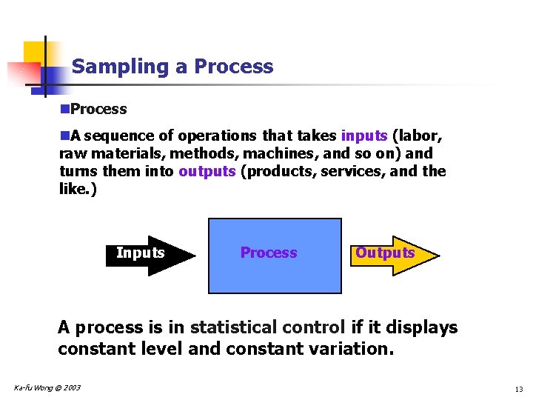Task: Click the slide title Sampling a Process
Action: [x=172, y=67]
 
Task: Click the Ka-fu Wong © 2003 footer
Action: [x=47, y=388]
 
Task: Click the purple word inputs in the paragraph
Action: [x=364, y=136]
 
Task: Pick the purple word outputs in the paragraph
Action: [x=207, y=171]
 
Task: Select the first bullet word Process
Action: [x=98, y=109]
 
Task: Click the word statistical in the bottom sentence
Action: [x=238, y=327]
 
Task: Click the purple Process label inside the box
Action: [x=268, y=253]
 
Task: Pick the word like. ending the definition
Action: [x=77, y=189]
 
